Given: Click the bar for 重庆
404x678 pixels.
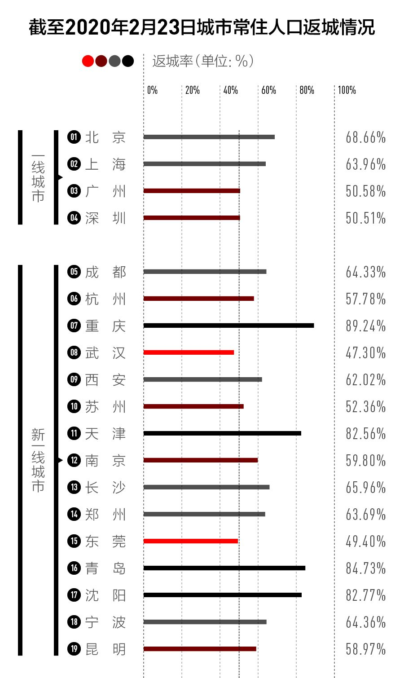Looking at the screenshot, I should click(x=228, y=326).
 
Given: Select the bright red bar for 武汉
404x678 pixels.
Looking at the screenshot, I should click(x=189, y=352).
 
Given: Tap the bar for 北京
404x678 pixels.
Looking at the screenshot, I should click(x=209, y=137).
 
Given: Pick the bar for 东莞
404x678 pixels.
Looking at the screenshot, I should click(x=190, y=541).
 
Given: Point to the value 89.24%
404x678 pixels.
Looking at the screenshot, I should click(x=365, y=326).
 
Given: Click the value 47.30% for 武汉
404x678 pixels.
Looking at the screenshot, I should click(x=365, y=353).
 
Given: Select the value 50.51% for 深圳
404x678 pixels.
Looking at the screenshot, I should click(x=365, y=218).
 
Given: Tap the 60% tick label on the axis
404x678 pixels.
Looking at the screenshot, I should click(x=268, y=90).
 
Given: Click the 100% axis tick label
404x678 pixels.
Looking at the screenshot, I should click(x=347, y=90).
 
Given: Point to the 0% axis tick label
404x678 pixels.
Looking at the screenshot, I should click(x=152, y=90).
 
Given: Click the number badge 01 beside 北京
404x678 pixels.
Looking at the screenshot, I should click(x=74, y=137).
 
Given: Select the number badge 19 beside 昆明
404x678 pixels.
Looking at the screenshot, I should click(x=74, y=649).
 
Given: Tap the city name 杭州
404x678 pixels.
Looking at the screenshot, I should click(x=105, y=299).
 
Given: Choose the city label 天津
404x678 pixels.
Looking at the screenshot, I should click(x=105, y=434).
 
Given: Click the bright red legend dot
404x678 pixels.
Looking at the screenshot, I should click(x=88, y=61).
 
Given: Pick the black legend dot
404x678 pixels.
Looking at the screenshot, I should click(x=128, y=61).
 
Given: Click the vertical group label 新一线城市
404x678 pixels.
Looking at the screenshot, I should click(x=38, y=460).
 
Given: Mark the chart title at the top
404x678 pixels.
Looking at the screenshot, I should click(x=202, y=27).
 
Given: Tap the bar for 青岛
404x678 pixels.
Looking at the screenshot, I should click(x=224, y=568).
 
